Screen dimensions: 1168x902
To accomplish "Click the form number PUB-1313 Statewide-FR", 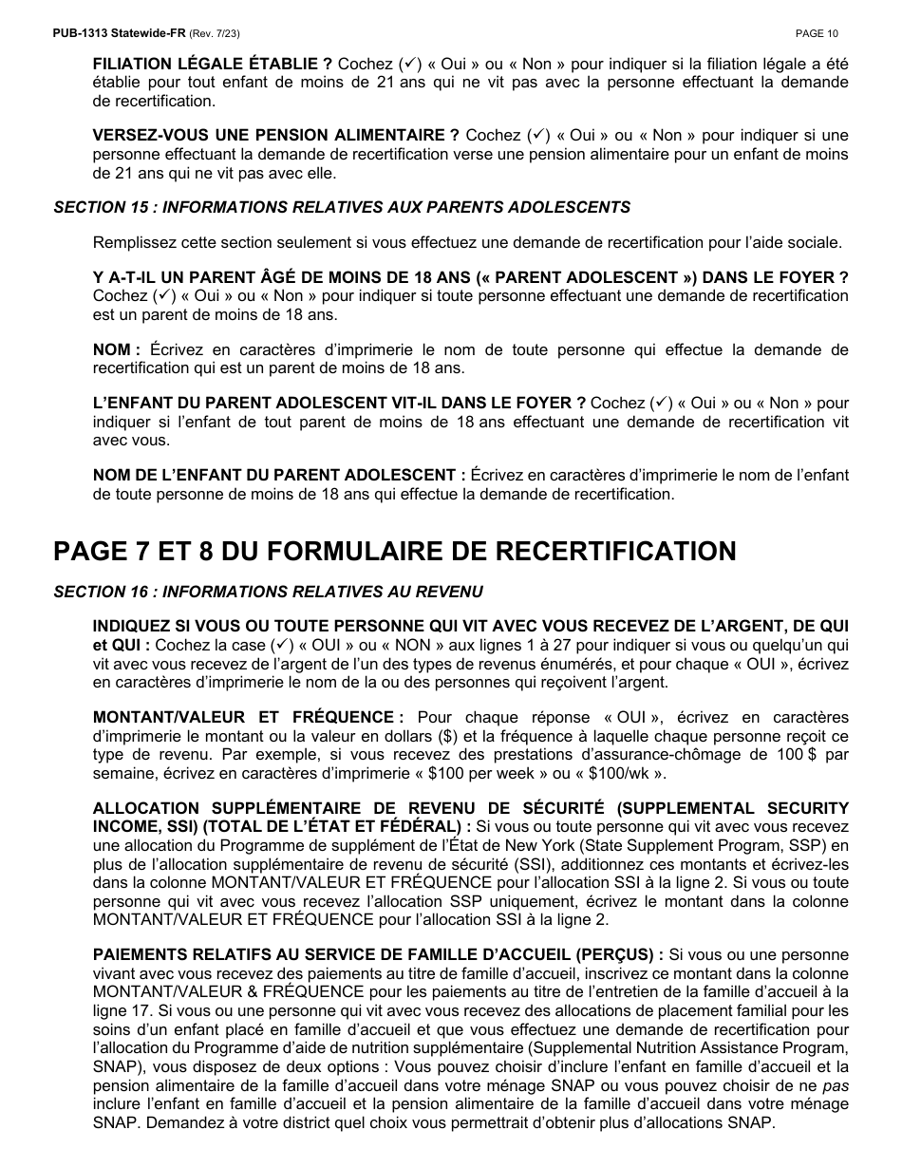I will point(120,33).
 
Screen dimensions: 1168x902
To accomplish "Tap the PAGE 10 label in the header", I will point(817,33).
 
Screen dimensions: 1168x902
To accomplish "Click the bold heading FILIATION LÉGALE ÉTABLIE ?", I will point(213,65).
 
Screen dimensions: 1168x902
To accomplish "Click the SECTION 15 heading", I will point(342,207).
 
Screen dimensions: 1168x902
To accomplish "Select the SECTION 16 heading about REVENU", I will point(268,593).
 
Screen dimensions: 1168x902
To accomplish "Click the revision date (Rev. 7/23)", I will point(215,33).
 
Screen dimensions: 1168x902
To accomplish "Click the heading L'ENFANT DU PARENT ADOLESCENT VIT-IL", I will point(339,404).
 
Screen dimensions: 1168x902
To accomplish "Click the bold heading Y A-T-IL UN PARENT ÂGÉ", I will point(470,278).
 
